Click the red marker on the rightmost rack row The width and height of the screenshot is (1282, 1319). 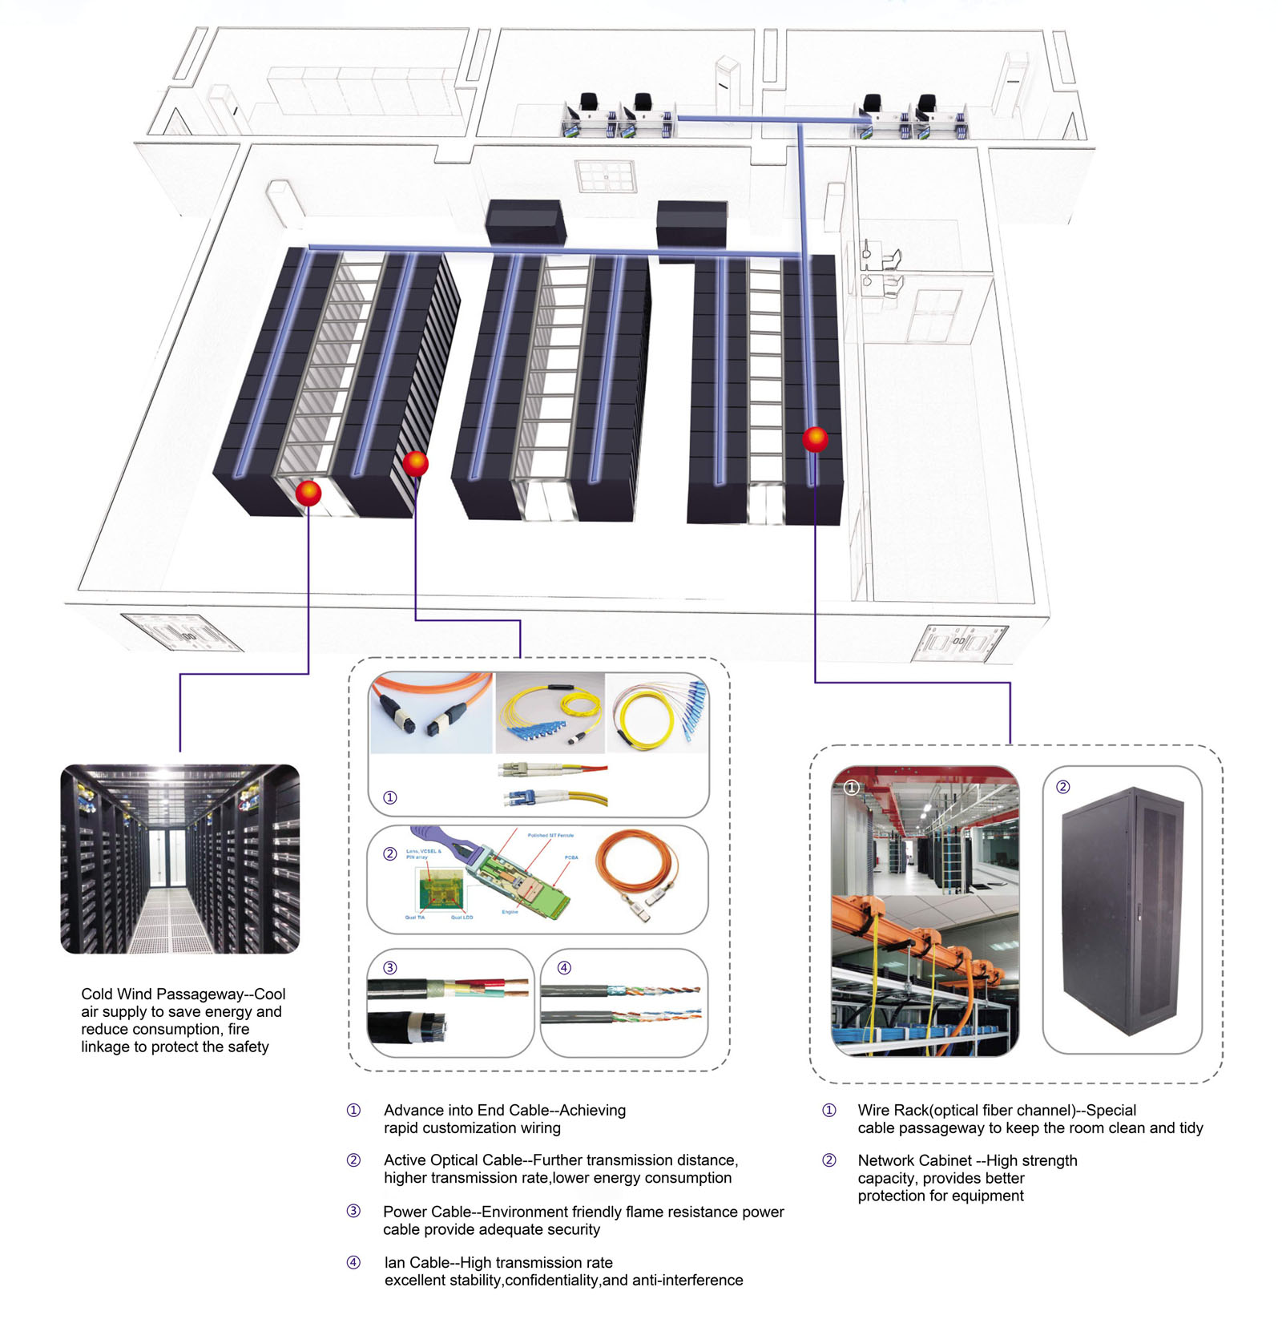tap(815, 439)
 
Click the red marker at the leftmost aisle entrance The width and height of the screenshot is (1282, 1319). tap(308, 493)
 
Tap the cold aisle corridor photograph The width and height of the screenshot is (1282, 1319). tap(180, 859)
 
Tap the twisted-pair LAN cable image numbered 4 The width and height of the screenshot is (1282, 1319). tap(624, 1003)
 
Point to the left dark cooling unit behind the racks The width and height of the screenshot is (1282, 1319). tap(525, 221)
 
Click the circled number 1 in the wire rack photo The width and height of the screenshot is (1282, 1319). tap(852, 788)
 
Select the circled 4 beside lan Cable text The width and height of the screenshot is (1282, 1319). tap(353, 1263)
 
